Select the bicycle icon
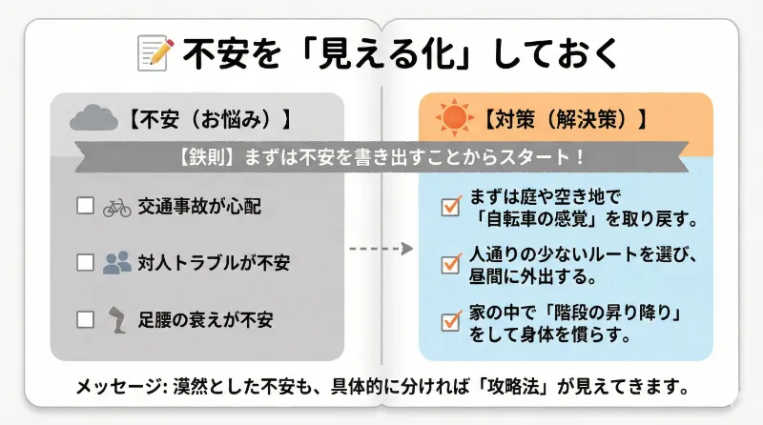(116, 206)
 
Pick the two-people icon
(116, 262)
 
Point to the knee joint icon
(116, 318)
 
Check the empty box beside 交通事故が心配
(86, 206)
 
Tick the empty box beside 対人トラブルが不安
(86, 262)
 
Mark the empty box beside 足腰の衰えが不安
(86, 318)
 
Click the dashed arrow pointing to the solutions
(381, 249)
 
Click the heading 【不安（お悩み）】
(206, 120)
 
